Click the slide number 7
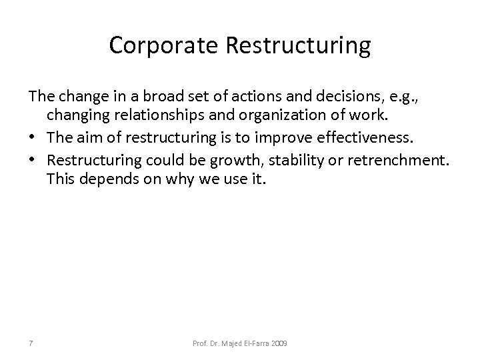(x=32, y=343)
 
